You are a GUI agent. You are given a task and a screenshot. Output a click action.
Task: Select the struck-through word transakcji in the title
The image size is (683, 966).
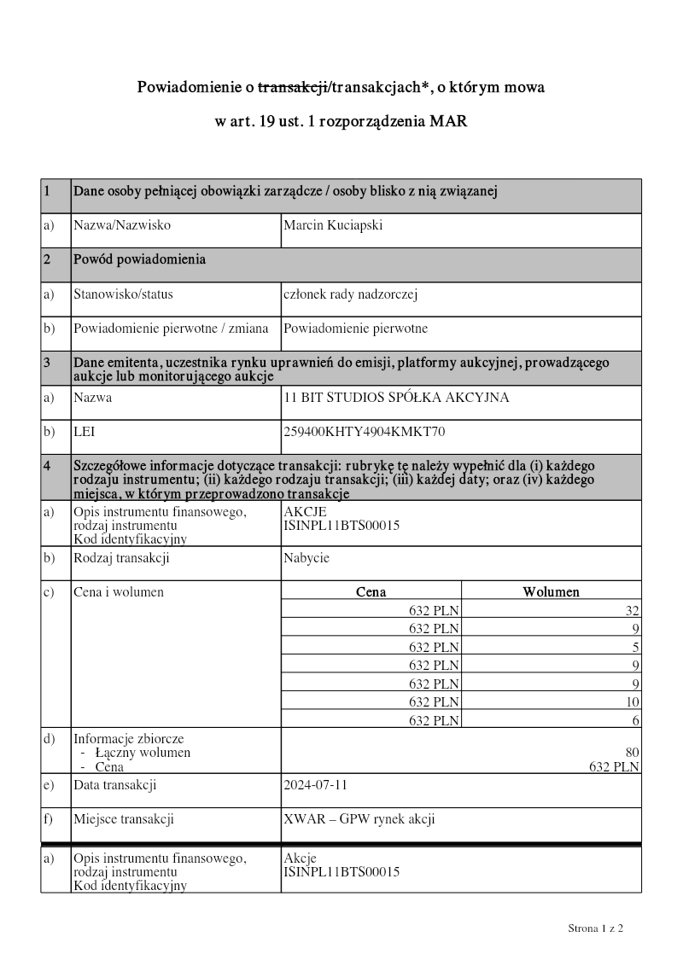point(294,87)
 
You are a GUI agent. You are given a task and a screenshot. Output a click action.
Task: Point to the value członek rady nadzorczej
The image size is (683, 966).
point(350,294)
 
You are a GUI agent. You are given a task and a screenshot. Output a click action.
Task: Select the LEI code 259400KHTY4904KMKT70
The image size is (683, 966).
point(365,432)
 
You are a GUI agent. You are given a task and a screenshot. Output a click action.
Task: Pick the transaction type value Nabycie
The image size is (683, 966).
point(306,558)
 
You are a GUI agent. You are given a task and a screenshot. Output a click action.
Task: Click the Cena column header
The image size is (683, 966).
point(371,591)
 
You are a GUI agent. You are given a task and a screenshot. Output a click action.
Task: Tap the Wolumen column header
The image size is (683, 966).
point(551,591)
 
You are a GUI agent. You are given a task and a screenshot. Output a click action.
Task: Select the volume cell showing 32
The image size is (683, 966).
point(632,610)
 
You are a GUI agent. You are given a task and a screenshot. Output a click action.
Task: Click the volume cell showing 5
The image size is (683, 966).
point(636,647)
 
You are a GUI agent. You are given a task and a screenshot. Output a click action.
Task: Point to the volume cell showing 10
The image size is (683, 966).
point(632,702)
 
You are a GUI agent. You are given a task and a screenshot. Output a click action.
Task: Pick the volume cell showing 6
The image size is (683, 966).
point(636,721)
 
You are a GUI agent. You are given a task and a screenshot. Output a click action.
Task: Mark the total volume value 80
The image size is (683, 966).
point(632,753)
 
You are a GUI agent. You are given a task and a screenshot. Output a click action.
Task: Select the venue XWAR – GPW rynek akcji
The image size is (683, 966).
point(359,819)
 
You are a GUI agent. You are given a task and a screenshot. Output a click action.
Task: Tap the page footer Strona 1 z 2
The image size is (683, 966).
point(596,927)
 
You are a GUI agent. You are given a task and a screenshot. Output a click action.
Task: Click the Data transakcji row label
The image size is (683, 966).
point(114,785)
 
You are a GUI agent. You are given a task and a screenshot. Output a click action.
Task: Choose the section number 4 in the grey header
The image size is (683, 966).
point(47,466)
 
